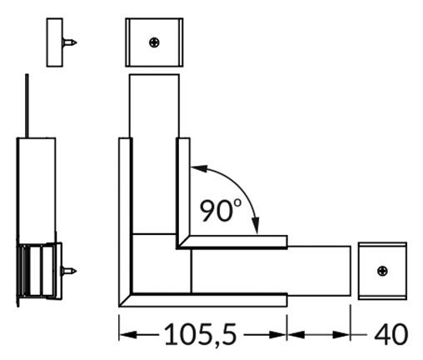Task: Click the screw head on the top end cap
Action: tap(154, 42)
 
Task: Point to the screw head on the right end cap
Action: tap(382, 271)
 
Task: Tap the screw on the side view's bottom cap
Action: tap(70, 270)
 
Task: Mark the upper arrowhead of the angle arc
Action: tap(196, 168)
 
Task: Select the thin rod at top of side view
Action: tap(27, 104)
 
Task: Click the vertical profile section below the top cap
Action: tap(154, 104)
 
